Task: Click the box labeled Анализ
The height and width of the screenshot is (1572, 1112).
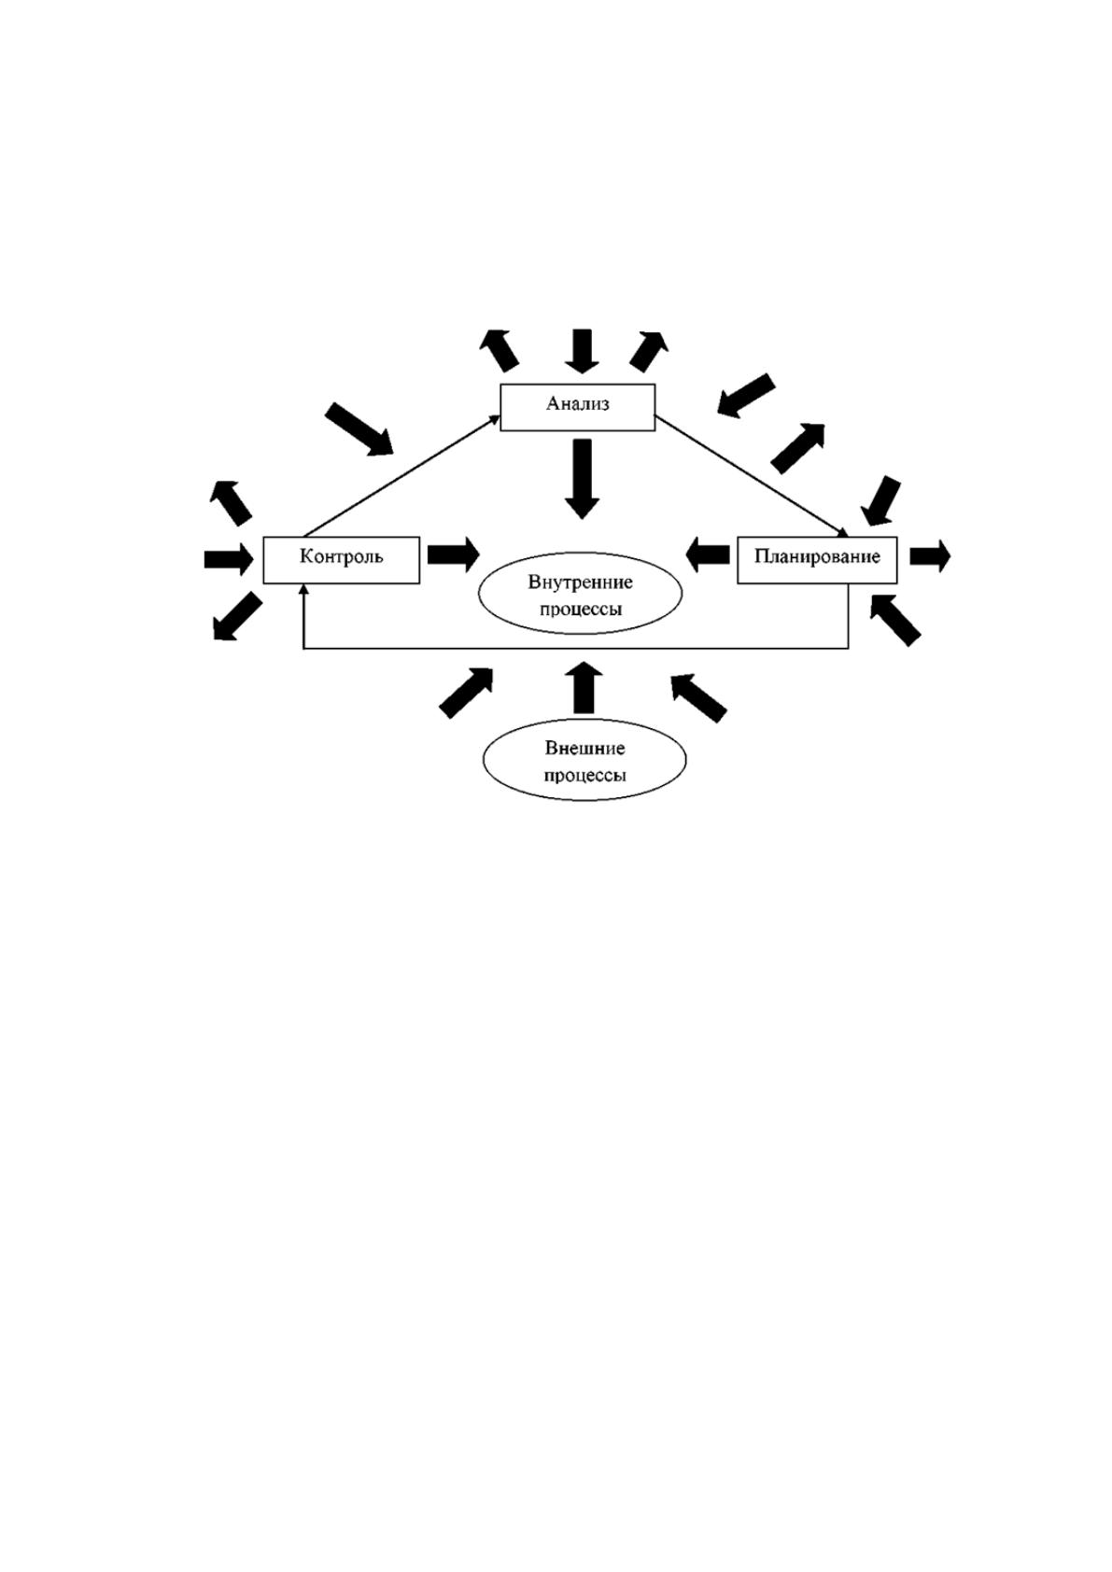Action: (x=577, y=407)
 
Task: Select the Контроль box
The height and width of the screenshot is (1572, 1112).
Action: (x=341, y=560)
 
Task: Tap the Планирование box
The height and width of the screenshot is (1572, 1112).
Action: (x=817, y=560)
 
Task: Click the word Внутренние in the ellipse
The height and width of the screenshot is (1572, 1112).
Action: (x=580, y=582)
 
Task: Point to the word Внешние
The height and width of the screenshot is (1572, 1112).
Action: (x=584, y=749)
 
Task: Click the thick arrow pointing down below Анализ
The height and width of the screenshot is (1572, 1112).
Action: (x=582, y=479)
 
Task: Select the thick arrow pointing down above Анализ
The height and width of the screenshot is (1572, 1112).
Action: (x=582, y=351)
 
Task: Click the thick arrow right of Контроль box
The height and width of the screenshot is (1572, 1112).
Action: (x=454, y=554)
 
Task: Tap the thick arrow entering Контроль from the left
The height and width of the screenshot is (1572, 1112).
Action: (x=229, y=559)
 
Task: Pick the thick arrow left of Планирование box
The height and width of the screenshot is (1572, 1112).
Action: (x=708, y=554)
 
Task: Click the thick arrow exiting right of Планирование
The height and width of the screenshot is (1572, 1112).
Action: (x=930, y=556)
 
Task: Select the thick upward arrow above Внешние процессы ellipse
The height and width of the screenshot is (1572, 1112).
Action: (x=584, y=687)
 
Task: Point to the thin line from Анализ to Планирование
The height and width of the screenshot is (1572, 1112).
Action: (x=752, y=476)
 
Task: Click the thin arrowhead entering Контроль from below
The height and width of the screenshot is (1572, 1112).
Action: (x=303, y=590)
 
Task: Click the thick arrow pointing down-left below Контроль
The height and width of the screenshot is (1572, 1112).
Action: (x=236, y=616)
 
